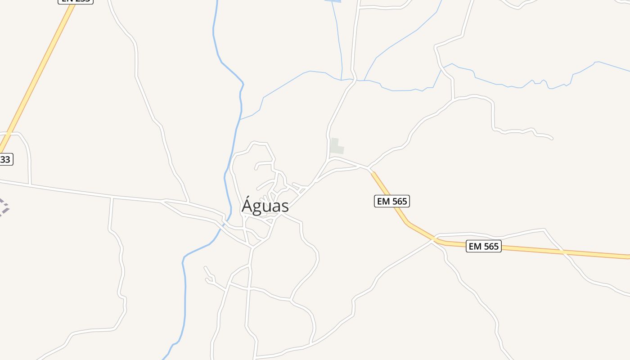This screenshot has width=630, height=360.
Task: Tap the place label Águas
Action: [x=265, y=206]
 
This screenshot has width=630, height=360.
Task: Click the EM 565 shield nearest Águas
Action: [x=391, y=201]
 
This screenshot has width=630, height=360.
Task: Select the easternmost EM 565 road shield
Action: [x=483, y=246]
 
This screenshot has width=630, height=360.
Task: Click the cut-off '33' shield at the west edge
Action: [x=5, y=159]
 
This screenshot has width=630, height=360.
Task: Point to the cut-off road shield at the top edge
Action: [x=76, y=1]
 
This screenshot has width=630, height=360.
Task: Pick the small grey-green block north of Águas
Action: [x=336, y=147]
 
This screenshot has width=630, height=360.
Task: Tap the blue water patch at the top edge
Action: [x=333, y=1]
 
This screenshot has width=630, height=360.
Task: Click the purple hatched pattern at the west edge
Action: [x=4, y=207]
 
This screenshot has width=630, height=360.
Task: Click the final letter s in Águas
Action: [x=284, y=207]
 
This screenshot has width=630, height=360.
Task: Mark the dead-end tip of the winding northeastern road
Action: [x=552, y=138]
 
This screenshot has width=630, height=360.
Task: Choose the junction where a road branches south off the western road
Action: [x=112, y=198]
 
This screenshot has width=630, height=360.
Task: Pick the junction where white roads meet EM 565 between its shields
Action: [x=433, y=241]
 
